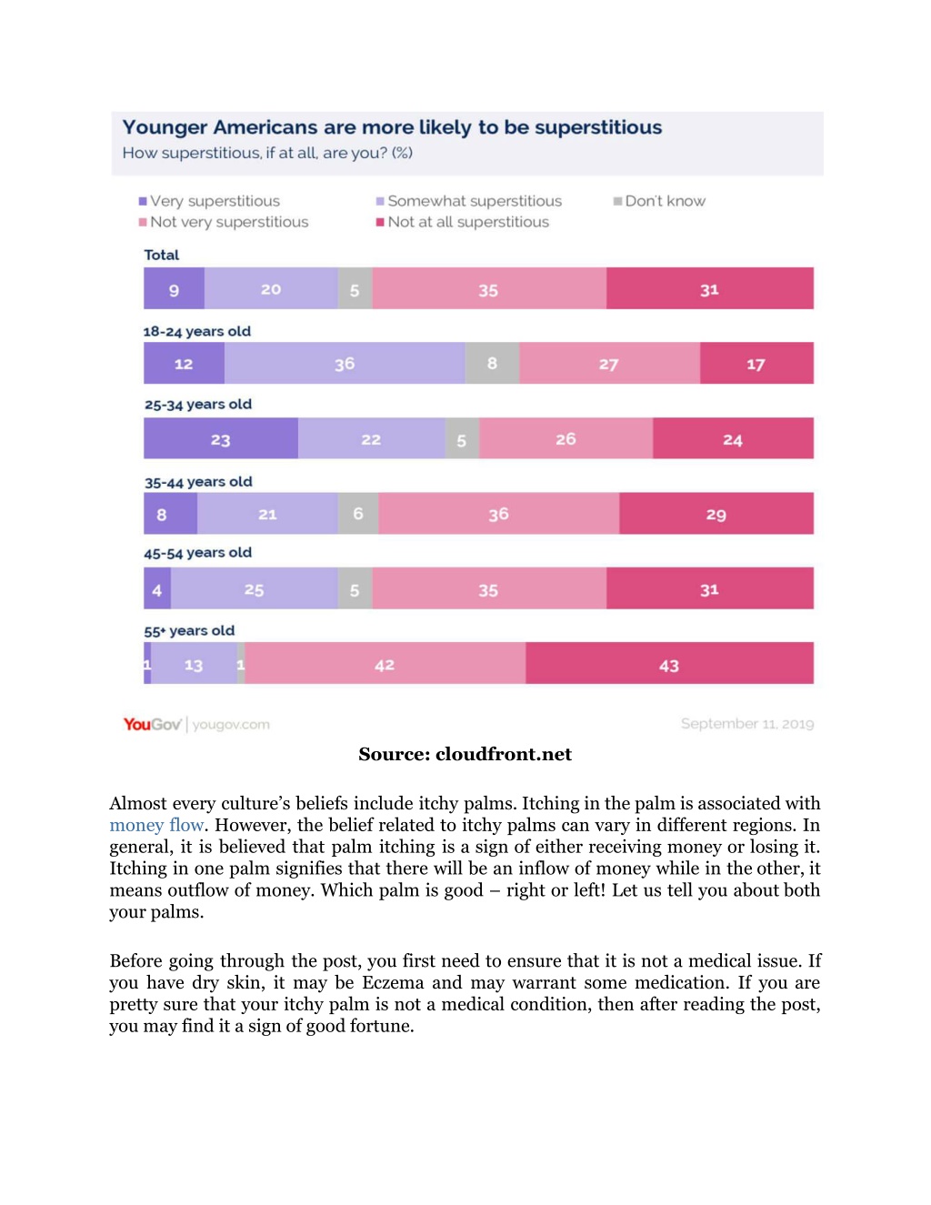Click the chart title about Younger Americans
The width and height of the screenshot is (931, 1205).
coord(392,127)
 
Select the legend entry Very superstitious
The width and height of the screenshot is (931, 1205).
coord(209,201)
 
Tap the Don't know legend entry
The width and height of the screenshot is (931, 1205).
coord(659,201)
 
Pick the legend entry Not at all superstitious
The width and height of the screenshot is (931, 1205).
coord(463,222)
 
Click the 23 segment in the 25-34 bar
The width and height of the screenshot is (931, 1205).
coord(221,438)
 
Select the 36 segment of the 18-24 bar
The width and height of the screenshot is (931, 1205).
coord(345,363)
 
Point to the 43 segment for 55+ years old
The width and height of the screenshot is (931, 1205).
coord(669,663)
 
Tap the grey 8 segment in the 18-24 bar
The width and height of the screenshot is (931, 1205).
coord(492,363)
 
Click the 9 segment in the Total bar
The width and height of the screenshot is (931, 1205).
coord(174,287)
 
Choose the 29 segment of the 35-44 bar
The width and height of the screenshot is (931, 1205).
coord(716,513)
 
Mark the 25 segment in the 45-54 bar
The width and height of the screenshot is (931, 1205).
coord(255,587)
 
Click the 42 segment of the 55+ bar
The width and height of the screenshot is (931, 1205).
coord(385,663)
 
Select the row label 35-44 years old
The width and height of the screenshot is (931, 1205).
coord(198,482)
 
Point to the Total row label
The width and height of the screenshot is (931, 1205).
coord(161,255)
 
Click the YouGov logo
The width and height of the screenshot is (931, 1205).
coord(153,724)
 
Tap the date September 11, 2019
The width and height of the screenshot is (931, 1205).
coord(747,724)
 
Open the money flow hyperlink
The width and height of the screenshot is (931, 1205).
coord(156,825)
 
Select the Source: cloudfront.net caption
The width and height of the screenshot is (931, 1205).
coord(465,754)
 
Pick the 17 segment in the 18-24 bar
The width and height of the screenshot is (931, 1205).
coord(756,363)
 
